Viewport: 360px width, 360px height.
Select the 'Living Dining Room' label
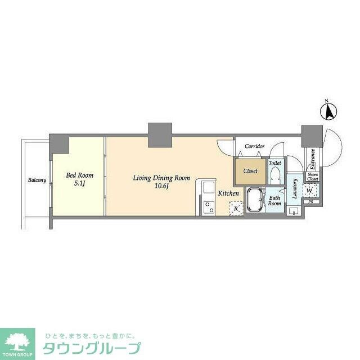(161, 178)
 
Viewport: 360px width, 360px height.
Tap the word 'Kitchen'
(229, 193)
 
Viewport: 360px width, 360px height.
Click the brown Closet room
(250, 171)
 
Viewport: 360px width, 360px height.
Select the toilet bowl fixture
(275, 175)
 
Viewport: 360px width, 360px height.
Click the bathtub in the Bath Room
(256, 200)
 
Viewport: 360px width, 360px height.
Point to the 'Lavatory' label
(294, 190)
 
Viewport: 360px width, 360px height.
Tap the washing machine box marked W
(309, 190)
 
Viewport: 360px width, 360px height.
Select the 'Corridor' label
(254, 146)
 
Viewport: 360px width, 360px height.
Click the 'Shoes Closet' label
(312, 177)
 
